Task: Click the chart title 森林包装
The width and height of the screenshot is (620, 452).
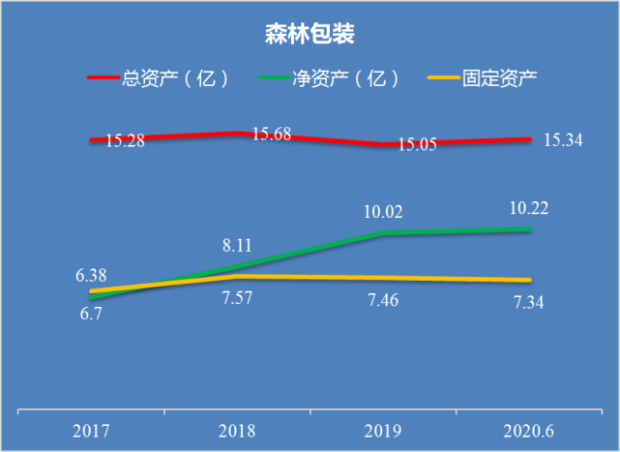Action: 310,36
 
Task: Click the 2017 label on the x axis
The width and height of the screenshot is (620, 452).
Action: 91,430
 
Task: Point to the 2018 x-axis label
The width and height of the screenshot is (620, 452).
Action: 238,430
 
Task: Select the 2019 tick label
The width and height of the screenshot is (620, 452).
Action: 384,430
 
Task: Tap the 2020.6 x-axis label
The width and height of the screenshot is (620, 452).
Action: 529,430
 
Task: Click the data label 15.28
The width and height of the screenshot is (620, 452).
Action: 125,140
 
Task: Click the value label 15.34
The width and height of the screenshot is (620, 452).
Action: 563,140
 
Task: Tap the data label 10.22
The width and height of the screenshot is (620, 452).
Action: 529,207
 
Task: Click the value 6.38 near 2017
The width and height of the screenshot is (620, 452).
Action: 92,276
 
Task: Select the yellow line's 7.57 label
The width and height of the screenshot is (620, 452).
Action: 238,298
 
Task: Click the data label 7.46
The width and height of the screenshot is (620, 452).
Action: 384,300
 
